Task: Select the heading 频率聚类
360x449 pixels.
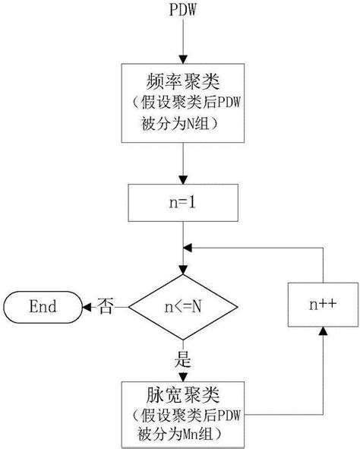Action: tap(181, 81)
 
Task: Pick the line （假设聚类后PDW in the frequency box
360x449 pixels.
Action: tap(181, 103)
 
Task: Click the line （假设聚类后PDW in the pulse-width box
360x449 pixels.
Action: tap(181, 416)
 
